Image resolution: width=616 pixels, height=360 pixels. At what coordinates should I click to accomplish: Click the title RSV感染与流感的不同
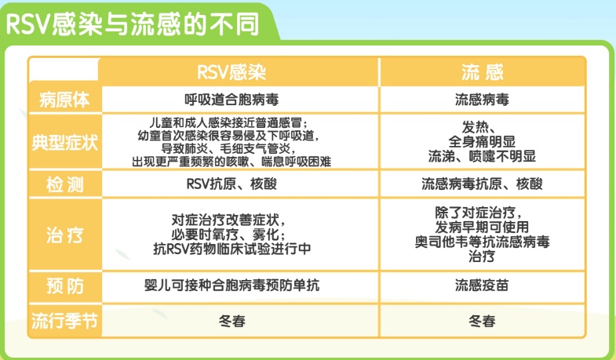coord(133,24)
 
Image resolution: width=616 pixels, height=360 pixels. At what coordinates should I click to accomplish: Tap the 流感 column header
coord(482,74)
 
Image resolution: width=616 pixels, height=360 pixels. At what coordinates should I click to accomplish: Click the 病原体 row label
coord(64,100)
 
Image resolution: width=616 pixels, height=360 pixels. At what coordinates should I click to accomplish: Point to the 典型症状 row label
coord(64,143)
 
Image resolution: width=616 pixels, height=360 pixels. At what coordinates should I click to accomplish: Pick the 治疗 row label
coord(64,235)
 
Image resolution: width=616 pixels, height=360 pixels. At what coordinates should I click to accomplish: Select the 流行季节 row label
coord(64,321)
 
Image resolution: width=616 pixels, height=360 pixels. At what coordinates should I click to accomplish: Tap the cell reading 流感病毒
coord(482,100)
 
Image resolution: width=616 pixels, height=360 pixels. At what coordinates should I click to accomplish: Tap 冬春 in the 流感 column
coord(482,321)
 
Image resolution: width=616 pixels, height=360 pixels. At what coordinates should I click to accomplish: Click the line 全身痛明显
coord(482,142)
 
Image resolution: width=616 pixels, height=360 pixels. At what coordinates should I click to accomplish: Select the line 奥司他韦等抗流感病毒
coord(482,242)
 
